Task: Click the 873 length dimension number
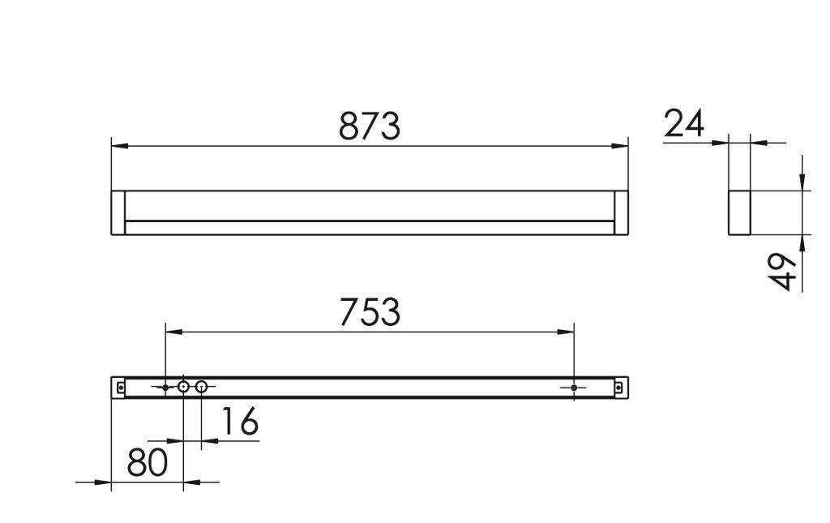[370, 126]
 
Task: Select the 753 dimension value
[370, 311]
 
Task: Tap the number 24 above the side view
[684, 124]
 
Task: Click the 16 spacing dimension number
[238, 422]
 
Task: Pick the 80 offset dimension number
[147, 462]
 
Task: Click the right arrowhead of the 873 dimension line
[620, 146]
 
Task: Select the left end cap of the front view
[118, 212]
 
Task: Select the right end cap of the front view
[622, 212]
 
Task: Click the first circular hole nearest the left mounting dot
[184, 388]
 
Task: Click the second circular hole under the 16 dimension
[202, 388]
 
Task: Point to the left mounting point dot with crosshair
[165, 388]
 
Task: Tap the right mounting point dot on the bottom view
[574, 388]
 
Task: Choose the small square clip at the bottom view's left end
[121, 388]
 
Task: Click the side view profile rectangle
[739, 212]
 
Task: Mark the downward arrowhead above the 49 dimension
[802, 182]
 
